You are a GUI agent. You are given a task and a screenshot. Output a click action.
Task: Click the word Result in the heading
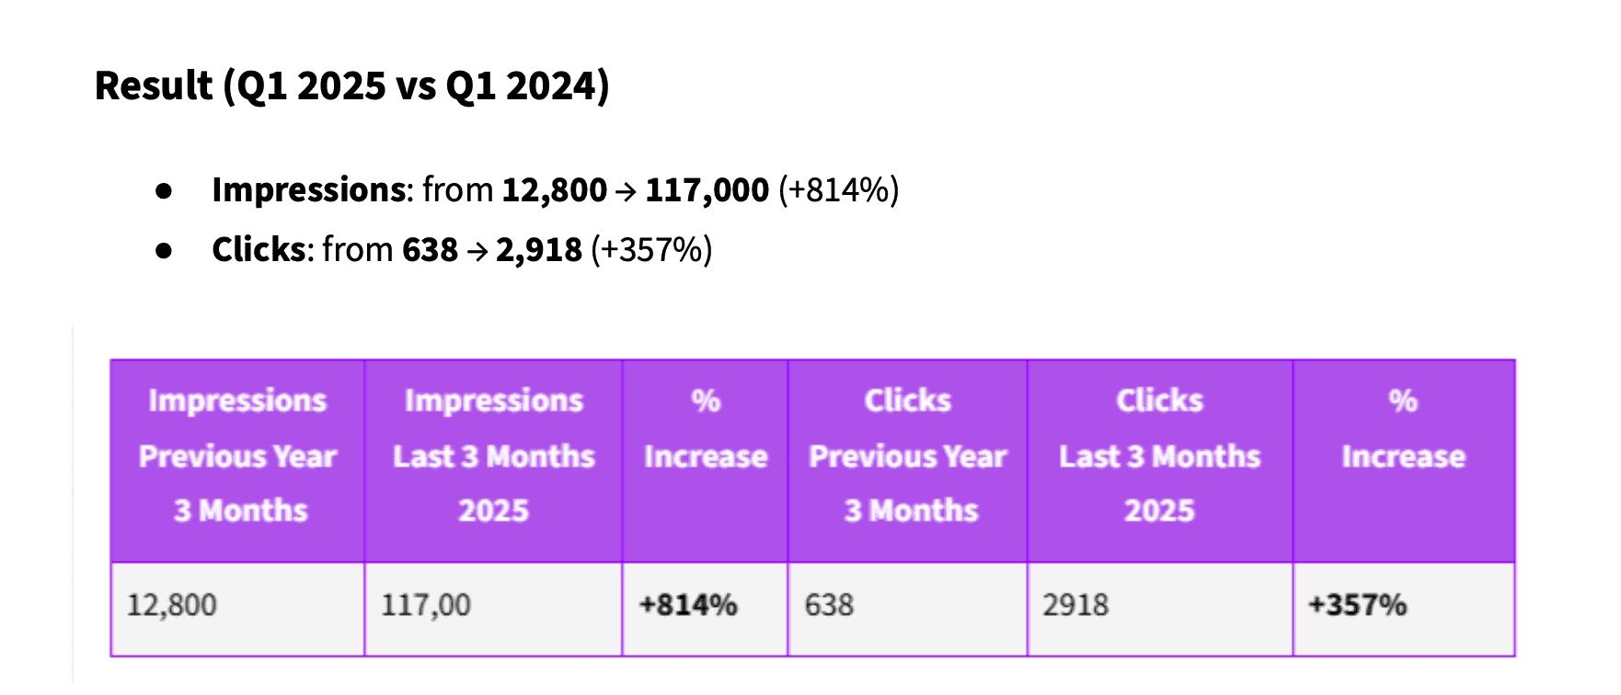click(x=154, y=86)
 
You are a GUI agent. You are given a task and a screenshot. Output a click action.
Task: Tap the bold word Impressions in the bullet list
click(x=309, y=190)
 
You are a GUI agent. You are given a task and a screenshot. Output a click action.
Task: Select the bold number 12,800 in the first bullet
click(x=554, y=190)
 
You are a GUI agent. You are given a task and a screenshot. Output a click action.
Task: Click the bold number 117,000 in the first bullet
click(x=707, y=190)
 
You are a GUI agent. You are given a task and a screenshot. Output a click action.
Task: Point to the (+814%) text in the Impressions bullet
click(x=838, y=190)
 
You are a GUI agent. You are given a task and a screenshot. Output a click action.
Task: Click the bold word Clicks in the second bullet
click(x=259, y=250)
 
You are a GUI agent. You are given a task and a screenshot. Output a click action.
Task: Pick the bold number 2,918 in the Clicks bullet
click(x=538, y=250)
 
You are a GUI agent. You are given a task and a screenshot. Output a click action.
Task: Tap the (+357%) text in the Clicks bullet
click(x=651, y=250)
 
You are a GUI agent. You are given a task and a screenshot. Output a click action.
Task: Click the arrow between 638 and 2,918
click(x=477, y=251)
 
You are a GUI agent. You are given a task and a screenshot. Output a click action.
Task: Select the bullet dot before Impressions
click(x=165, y=191)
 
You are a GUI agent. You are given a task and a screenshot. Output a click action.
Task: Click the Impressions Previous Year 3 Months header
click(x=237, y=456)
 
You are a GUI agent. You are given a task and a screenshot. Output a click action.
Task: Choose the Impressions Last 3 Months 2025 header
click(x=493, y=456)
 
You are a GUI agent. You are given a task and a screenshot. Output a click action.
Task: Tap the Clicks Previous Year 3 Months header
click(x=907, y=456)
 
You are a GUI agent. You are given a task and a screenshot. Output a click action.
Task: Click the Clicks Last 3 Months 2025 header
click(x=1159, y=456)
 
